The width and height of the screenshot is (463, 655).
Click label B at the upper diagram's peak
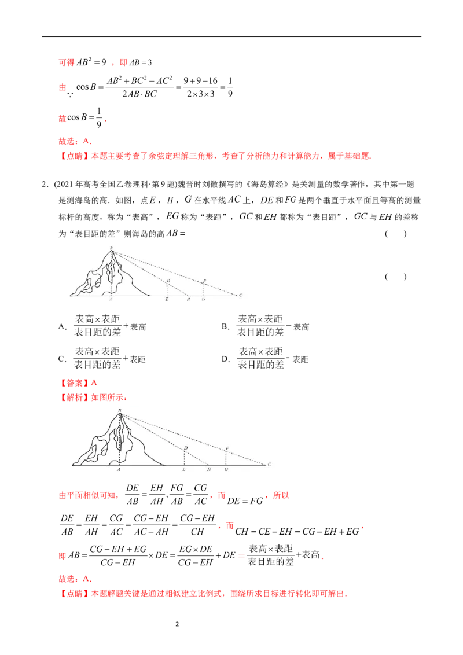click(112, 249)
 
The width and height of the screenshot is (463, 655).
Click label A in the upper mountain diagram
click(111, 300)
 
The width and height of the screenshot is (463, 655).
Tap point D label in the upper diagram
click(168, 280)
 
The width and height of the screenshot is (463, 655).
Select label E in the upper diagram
click(167, 300)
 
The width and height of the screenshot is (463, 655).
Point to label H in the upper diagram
click(188, 300)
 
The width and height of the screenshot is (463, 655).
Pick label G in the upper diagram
click(203, 300)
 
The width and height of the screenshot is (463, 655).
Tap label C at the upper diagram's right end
click(240, 295)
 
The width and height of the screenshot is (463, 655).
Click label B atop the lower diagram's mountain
click(119, 410)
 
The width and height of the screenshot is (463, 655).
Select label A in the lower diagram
click(119, 470)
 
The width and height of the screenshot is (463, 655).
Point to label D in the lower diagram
click(185, 448)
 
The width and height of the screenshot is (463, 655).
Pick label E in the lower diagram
click(183, 470)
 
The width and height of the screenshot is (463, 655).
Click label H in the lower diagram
click(209, 470)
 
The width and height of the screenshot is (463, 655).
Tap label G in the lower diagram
click(226, 470)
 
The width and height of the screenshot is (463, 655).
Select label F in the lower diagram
click(227, 448)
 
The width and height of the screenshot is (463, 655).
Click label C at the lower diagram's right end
click(269, 465)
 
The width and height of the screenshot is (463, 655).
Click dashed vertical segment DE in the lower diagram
click(184, 459)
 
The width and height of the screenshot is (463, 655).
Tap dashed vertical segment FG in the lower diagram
click(226, 459)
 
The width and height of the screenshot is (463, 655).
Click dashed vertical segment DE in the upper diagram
click(167, 289)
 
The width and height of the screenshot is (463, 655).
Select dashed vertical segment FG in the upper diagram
click(203, 290)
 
